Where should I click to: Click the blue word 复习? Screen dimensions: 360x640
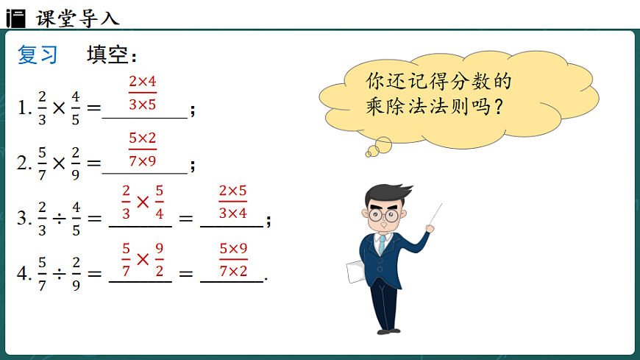(x=38, y=55)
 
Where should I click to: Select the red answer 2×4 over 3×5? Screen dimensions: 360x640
(x=143, y=93)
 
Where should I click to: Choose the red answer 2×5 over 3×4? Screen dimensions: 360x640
(x=232, y=202)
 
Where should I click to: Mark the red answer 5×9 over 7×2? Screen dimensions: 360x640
(x=233, y=260)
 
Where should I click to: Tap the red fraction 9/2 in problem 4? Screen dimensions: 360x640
(x=159, y=259)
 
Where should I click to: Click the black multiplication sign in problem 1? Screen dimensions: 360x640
(x=60, y=108)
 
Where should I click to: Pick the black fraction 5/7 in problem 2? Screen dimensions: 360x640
(x=43, y=163)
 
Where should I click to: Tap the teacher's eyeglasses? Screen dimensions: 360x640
(x=383, y=216)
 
